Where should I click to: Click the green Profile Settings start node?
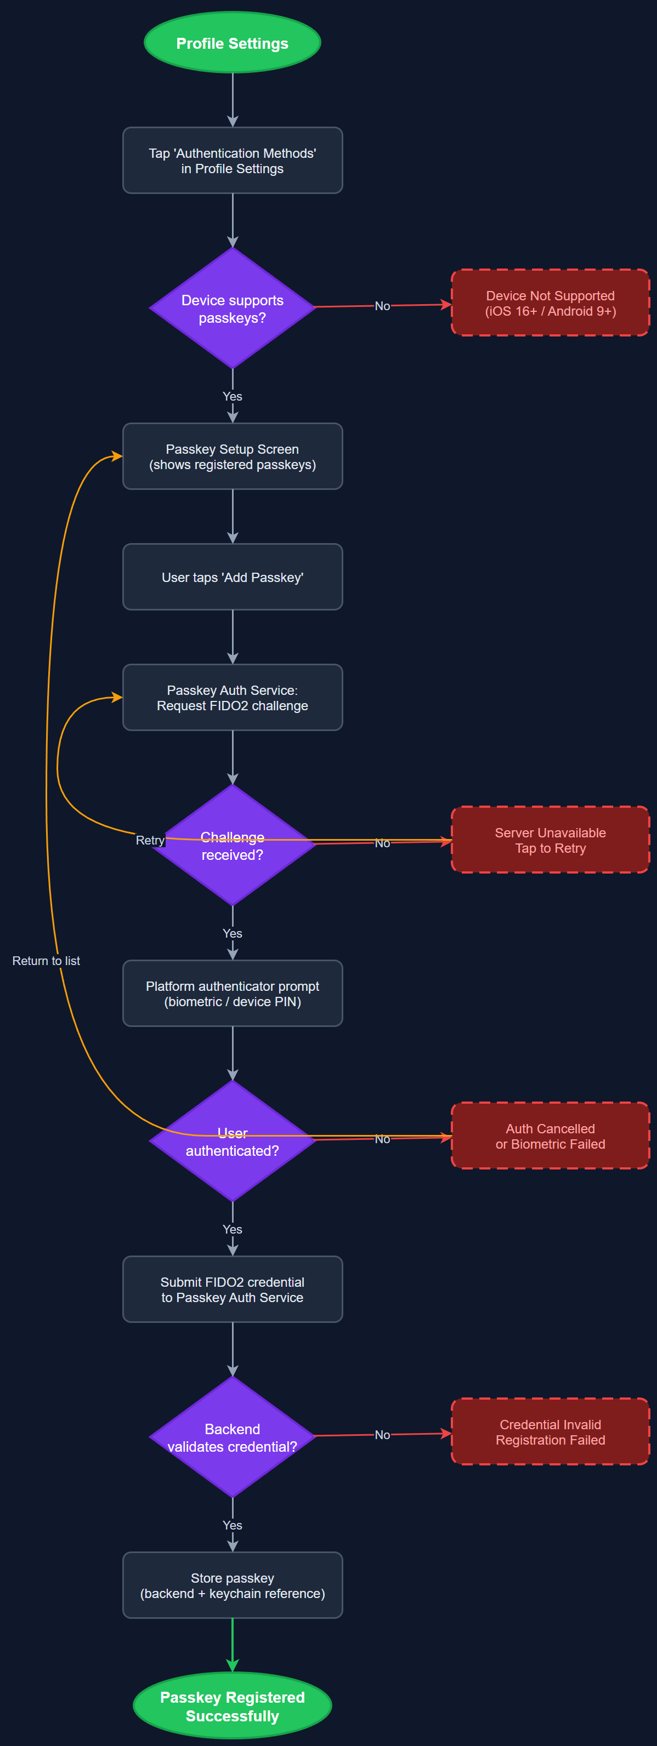tap(232, 43)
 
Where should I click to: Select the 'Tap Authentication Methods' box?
tap(232, 161)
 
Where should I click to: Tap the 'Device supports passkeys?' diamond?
tap(232, 309)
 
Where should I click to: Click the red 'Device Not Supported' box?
tap(550, 303)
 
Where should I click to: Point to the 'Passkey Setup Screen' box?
tap(232, 456)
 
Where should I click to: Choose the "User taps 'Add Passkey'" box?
tap(232, 577)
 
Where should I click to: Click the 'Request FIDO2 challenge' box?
tap(232, 698)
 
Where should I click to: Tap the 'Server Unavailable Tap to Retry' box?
tap(550, 841)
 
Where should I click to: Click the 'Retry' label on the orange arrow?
tap(150, 841)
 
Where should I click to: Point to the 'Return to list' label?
tap(46, 961)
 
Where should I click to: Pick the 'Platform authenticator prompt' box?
tap(232, 994)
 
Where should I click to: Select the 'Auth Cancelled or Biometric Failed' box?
tap(550, 1136)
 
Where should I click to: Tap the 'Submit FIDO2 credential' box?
tap(232, 1289)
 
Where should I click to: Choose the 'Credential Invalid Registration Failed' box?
tap(550, 1431)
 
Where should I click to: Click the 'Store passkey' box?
tap(232, 1585)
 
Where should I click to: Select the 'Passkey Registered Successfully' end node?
tap(232, 1706)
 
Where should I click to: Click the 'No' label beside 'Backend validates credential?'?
tap(382, 1435)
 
